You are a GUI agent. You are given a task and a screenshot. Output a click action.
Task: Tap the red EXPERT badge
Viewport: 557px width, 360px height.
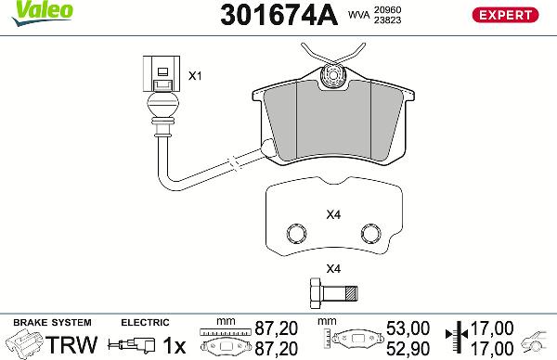coord(506,16)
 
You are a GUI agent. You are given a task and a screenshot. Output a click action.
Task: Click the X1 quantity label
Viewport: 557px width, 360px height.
coord(195,75)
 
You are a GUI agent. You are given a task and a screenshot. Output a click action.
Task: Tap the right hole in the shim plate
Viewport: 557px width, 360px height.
coord(369,231)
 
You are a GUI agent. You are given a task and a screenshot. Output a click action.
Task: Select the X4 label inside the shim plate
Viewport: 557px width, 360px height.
coord(334,215)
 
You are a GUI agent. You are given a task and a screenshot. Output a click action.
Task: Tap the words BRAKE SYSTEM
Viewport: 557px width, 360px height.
coord(46,322)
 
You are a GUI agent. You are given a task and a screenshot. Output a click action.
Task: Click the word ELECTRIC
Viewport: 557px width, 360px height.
coord(145,322)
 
